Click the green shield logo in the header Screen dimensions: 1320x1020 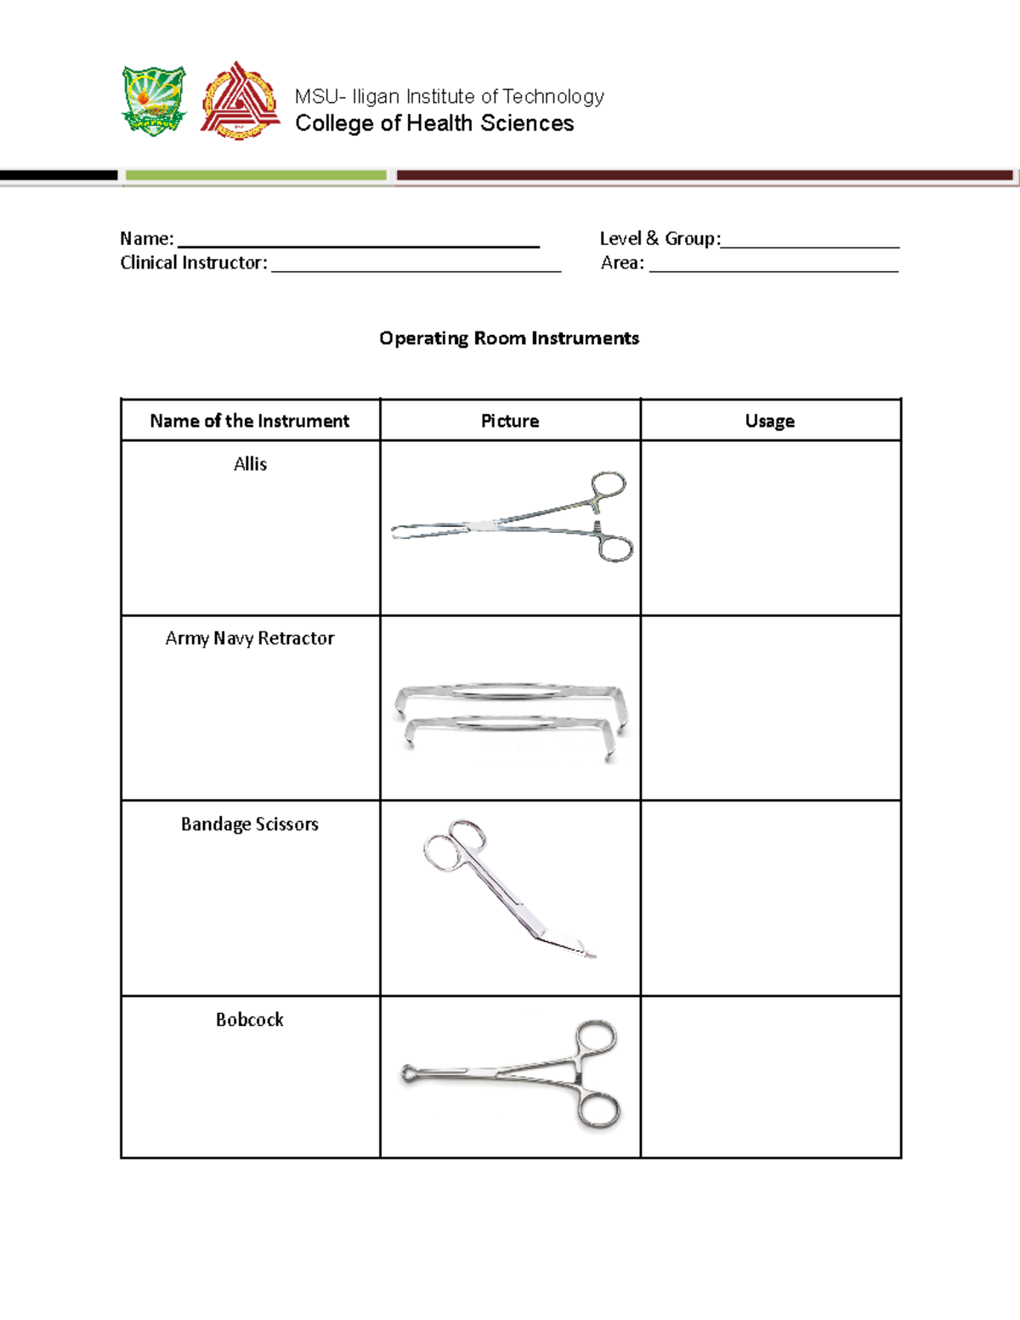click(154, 100)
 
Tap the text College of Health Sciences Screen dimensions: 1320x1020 click(434, 123)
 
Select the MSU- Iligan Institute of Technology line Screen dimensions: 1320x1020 click(449, 96)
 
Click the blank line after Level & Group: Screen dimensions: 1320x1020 click(809, 241)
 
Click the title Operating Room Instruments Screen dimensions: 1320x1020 click(508, 338)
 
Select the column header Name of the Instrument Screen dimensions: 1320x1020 click(249, 421)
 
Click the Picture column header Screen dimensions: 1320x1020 click(510, 421)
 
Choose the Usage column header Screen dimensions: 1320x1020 click(770, 421)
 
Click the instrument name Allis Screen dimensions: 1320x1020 click(250, 464)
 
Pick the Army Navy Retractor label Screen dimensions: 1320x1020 click(249, 638)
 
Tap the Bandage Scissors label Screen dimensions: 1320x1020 click(249, 824)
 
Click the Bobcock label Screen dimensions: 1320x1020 click(249, 1020)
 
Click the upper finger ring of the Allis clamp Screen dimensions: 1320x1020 click(609, 484)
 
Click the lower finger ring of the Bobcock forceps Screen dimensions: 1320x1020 click(598, 1111)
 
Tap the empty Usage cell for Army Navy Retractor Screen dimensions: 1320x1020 click(770, 707)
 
